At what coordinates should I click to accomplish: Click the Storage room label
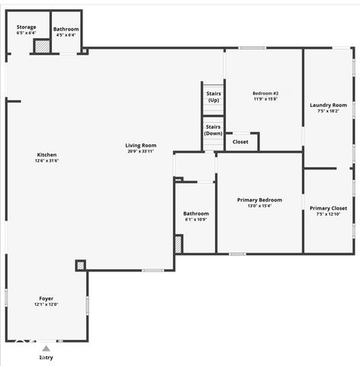26,27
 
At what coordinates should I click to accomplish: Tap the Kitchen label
47,155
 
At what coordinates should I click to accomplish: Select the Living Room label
141,145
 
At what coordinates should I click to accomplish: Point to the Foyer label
47,298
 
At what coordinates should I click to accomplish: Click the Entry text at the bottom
47,357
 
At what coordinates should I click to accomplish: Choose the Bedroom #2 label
265,93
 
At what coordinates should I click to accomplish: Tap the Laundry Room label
328,105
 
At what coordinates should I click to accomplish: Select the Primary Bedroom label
259,200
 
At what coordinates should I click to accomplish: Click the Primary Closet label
328,208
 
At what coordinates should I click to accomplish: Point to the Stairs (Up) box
214,97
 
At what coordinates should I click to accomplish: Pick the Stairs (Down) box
214,130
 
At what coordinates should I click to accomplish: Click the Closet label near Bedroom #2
240,142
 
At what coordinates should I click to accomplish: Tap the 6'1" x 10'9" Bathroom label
195,213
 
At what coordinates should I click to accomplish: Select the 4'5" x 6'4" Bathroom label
66,29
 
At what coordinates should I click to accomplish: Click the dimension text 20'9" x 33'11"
141,151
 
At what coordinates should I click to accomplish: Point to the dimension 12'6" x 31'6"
47,161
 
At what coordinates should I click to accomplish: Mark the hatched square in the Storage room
42,47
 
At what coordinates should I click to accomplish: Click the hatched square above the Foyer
80,265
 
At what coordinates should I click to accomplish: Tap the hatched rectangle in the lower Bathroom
178,244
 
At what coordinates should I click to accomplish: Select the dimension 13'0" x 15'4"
259,206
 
